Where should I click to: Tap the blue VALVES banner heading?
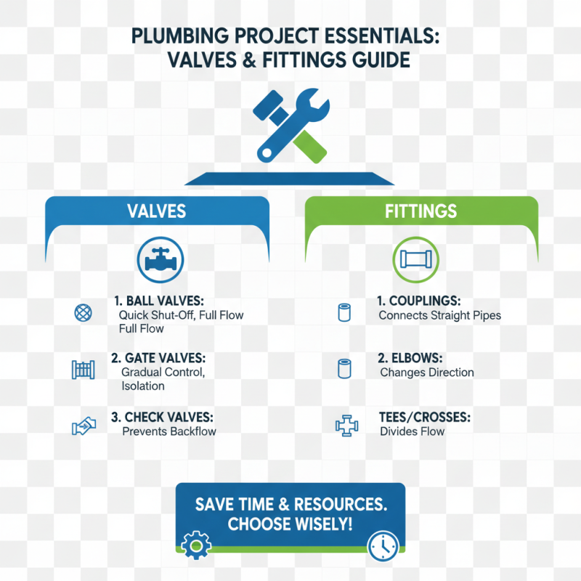click(x=156, y=211)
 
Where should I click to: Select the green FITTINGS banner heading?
click(x=421, y=211)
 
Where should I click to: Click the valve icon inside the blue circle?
click(x=156, y=260)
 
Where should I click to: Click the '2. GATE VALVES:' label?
click(x=158, y=359)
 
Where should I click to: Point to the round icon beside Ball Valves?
click(x=84, y=314)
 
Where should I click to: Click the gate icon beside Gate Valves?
click(x=84, y=370)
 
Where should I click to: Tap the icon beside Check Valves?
click(x=84, y=426)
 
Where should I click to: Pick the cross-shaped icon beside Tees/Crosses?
click(x=346, y=426)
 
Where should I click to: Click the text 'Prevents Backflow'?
click(x=169, y=431)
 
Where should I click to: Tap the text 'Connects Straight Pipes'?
click(x=440, y=316)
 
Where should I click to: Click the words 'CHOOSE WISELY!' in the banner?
click(x=290, y=524)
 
